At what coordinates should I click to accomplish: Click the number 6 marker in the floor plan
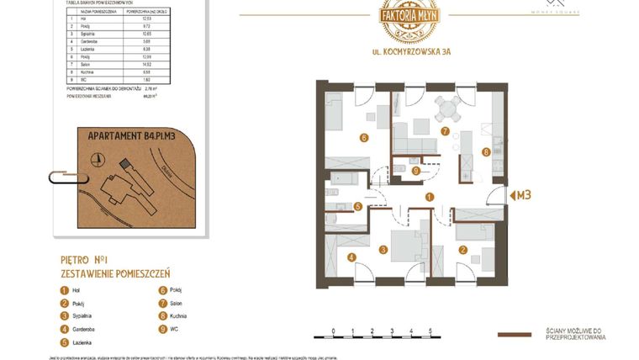365,138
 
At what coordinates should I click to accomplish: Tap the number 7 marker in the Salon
444,130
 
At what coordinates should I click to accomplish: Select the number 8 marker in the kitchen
486,152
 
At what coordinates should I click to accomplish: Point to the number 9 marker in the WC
416,170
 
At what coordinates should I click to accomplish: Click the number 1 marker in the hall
429,197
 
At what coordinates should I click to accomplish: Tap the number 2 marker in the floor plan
462,249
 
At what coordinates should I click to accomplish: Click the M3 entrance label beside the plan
522,196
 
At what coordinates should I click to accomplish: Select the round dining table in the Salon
446,108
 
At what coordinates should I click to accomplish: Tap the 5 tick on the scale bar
430,331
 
